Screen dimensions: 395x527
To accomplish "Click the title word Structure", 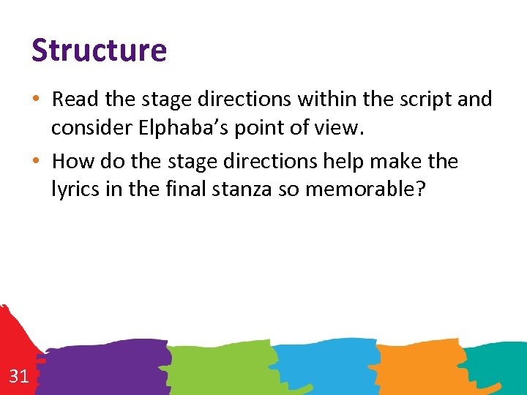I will pyautogui.click(x=99, y=50).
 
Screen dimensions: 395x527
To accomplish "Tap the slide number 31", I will pyautogui.click(x=19, y=377).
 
